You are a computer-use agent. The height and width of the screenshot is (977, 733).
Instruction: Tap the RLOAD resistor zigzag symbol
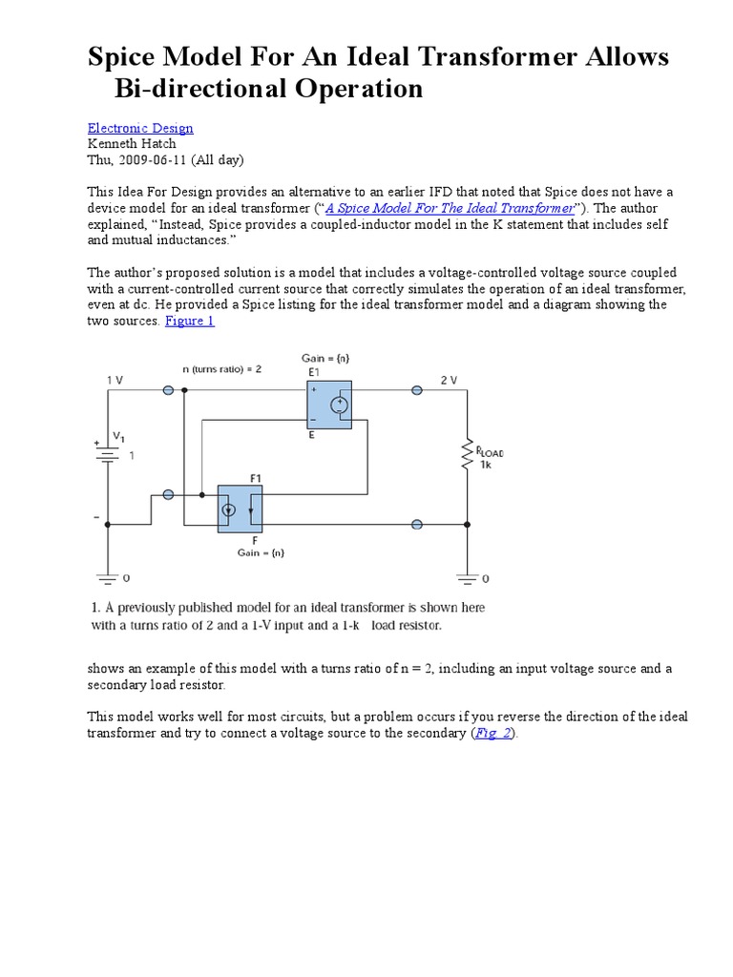pyautogui.click(x=467, y=457)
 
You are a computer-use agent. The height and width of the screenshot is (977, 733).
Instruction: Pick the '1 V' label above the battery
pyautogui.click(x=115, y=379)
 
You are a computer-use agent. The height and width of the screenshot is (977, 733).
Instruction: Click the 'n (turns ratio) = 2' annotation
pyautogui.click(x=223, y=368)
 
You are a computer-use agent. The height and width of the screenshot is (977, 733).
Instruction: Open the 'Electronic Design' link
pyautogui.click(x=140, y=128)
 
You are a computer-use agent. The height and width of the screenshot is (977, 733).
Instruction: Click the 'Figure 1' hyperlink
pyautogui.click(x=190, y=321)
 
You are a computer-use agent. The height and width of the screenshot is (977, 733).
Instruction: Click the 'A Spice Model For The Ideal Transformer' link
pyautogui.click(x=450, y=208)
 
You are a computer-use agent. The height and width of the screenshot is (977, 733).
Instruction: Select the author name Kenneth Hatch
pyautogui.click(x=132, y=143)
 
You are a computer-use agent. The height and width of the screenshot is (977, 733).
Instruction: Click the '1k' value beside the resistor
pyautogui.click(x=486, y=465)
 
